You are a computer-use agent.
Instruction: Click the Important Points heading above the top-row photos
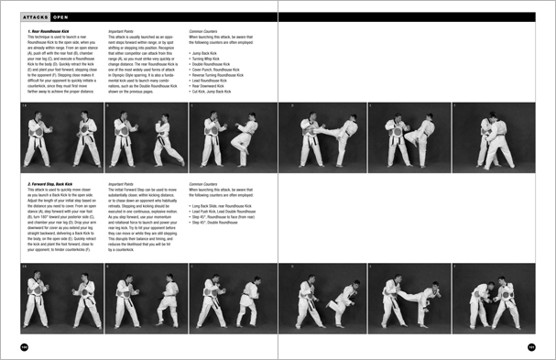coord(125,30)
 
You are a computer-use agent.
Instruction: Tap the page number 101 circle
coord(532,346)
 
